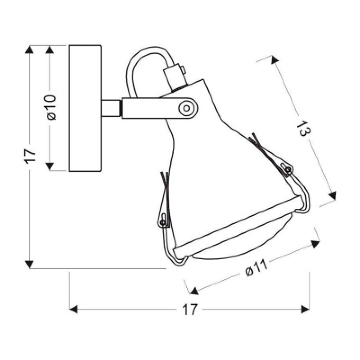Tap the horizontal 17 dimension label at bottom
tap(190, 309)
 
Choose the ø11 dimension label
tap(256, 268)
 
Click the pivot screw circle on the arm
tap(186, 108)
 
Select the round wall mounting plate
tap(85, 108)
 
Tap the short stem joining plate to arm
tap(111, 108)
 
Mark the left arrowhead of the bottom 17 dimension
tap(73, 309)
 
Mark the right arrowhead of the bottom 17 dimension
tap(305, 309)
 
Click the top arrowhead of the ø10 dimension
tap(49, 49)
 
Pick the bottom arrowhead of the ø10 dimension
tap(49, 166)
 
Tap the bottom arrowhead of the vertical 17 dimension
tap(29, 264)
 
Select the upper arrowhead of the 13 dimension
tap(274, 60)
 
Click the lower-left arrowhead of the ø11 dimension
tap(194, 291)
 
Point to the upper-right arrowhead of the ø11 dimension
tap(315, 244)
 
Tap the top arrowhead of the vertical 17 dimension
tap(29, 49)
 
